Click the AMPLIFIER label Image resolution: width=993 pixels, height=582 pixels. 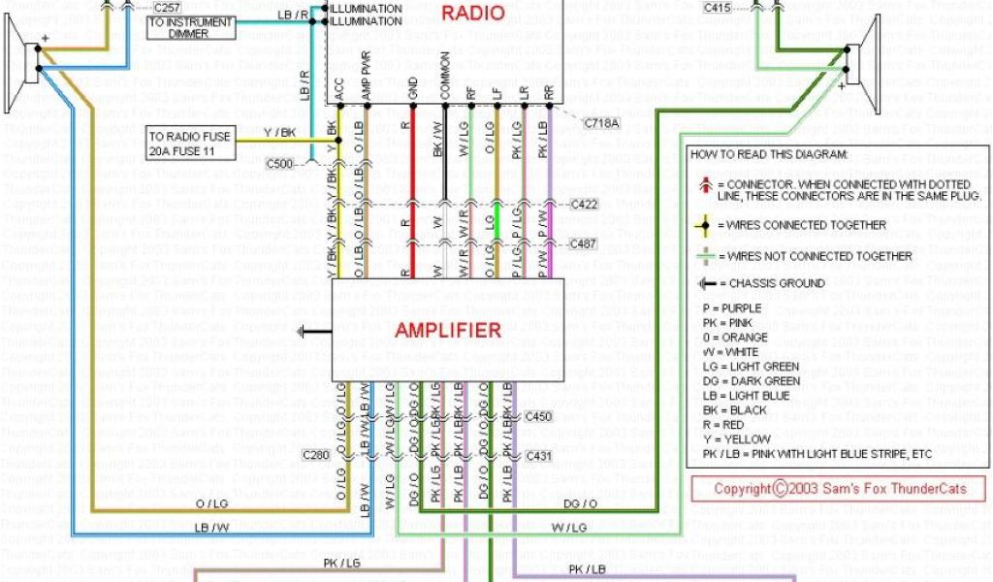coord(448,330)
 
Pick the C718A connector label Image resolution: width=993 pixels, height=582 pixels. coord(602,123)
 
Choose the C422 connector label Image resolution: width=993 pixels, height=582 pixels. coord(585,205)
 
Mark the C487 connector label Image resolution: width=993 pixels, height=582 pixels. coord(585,243)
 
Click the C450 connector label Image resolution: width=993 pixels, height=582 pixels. coord(537,416)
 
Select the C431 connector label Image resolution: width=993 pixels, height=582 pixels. coord(537,455)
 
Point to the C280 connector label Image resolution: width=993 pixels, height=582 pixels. coord(316,455)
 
